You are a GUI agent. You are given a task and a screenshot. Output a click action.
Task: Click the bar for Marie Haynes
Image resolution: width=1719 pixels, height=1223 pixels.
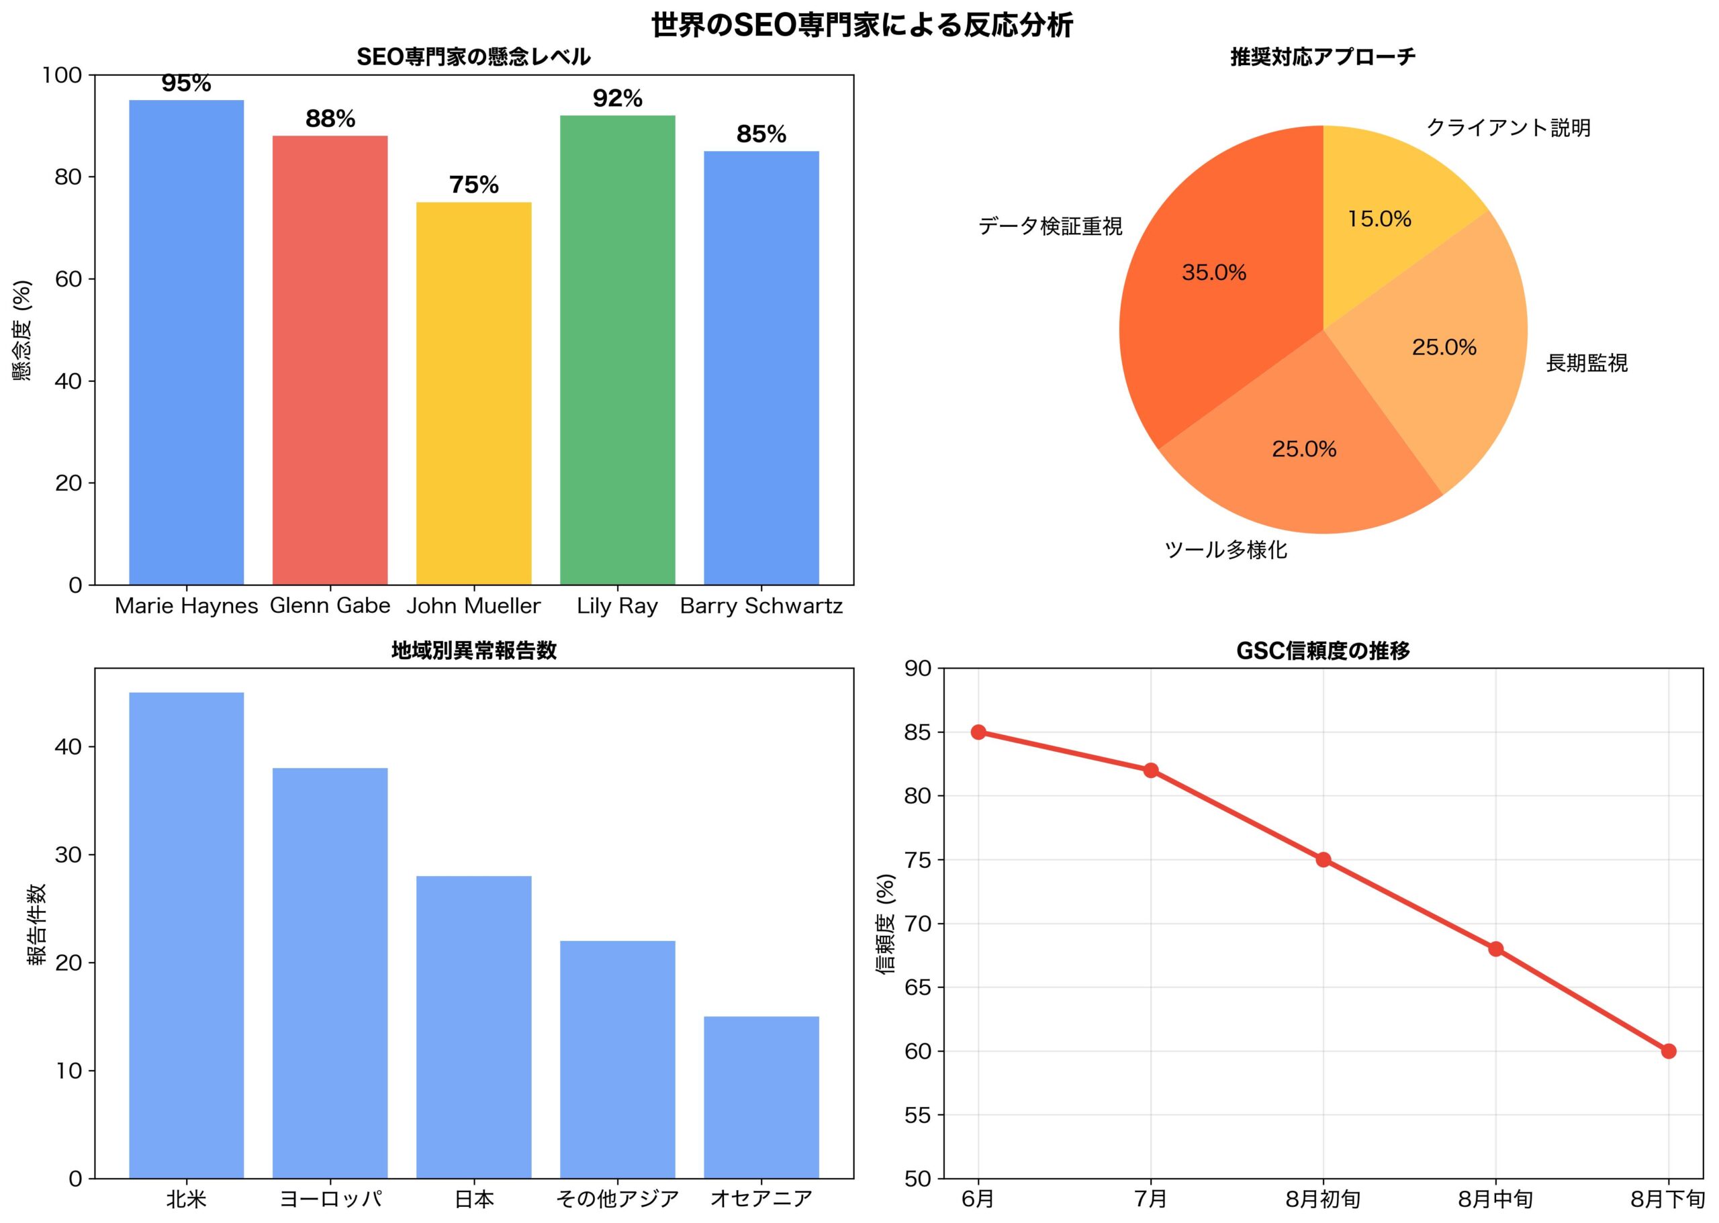[186, 342]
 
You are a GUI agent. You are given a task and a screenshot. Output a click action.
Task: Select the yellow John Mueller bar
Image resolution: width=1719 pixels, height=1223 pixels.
[474, 393]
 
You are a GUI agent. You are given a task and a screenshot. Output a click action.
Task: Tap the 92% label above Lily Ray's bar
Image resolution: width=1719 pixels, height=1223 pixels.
[617, 99]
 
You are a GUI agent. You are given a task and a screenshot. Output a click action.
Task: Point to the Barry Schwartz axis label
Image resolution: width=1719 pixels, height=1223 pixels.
[761, 606]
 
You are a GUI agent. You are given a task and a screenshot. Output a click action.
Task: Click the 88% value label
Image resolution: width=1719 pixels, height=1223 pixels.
[330, 119]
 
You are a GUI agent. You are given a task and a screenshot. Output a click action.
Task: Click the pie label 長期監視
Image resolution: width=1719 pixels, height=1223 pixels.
[1587, 363]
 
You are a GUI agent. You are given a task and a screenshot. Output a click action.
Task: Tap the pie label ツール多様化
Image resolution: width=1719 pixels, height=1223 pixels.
[1225, 550]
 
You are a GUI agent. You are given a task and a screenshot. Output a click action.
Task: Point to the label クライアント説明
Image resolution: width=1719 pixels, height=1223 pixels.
[1508, 128]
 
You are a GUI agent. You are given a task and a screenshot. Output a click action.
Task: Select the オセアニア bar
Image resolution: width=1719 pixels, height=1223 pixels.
[761, 1097]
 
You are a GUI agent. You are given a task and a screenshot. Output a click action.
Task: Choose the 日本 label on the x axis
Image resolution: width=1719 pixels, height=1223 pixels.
[474, 1199]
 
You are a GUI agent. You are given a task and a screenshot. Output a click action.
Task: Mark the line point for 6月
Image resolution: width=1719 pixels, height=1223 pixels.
[978, 732]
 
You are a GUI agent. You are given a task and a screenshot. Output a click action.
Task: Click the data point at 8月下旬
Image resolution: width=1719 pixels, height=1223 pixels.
[1669, 1051]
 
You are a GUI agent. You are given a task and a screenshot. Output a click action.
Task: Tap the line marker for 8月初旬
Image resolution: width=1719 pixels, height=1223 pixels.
[1323, 860]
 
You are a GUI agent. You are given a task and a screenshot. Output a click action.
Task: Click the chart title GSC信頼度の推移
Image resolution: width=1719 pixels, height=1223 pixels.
[1323, 650]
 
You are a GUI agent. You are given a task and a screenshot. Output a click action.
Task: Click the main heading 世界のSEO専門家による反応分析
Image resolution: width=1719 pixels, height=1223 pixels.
[862, 26]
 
